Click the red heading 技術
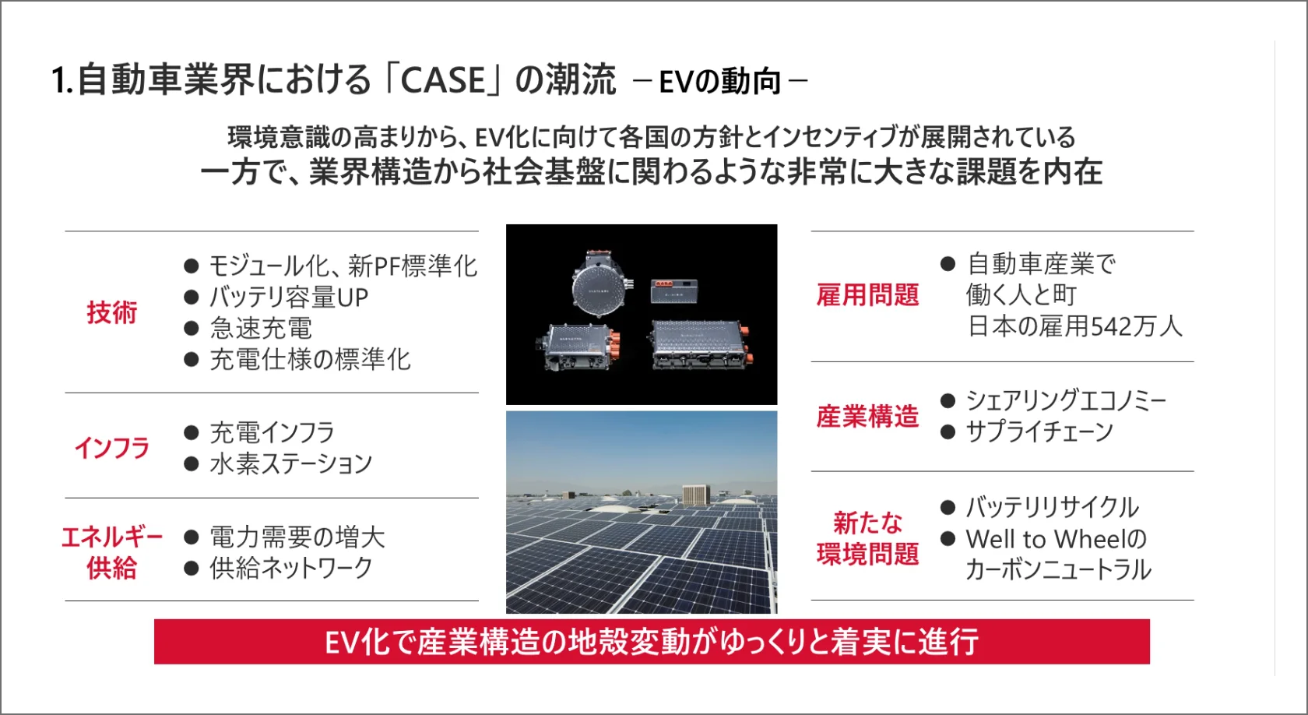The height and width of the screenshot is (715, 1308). pos(111,312)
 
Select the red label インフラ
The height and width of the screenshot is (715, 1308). pos(111,448)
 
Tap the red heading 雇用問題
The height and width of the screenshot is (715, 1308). pos(867,295)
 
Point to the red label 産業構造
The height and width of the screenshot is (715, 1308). pos(867,417)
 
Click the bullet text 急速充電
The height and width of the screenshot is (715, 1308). pos(261,329)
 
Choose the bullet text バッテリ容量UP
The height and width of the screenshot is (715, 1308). pos(289,298)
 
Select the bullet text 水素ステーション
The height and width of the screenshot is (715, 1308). pos(291,464)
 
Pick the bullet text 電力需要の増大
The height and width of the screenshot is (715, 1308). pos(297,537)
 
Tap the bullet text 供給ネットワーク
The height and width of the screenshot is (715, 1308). pos(291,568)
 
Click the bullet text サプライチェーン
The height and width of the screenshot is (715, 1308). pos(1040,431)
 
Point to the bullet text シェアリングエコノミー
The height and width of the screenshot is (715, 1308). pos(1067,400)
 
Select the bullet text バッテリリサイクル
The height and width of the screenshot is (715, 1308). pos(1053,507)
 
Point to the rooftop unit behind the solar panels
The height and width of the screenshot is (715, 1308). pos(696,495)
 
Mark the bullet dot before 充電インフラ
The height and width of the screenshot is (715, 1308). pos(191,433)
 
